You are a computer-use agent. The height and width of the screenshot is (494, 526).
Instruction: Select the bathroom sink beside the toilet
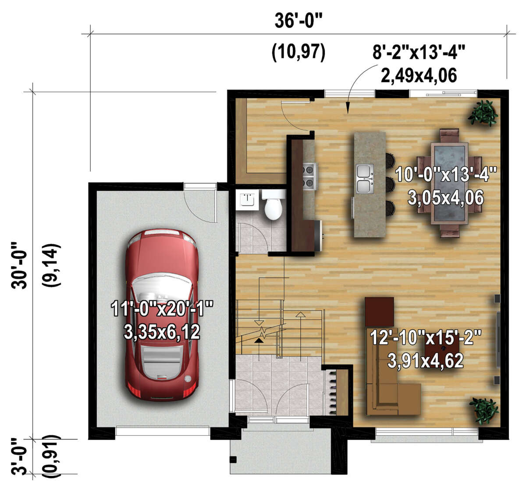pos(248,200)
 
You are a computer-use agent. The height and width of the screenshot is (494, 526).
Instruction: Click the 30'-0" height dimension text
pos(20,265)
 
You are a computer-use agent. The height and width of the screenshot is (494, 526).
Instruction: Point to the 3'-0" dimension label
pos(20,456)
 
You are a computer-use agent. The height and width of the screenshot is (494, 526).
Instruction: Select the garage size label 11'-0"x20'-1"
pos(162,309)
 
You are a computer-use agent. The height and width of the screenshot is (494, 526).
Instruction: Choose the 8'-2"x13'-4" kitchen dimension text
pos(418,53)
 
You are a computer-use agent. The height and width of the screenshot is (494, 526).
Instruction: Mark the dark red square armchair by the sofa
pos(379,311)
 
